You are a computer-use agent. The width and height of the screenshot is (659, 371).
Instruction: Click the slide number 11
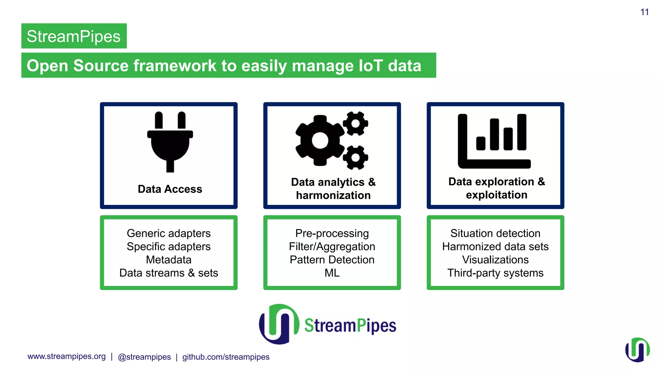[644, 12]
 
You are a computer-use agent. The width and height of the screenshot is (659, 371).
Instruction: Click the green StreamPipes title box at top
[74, 36]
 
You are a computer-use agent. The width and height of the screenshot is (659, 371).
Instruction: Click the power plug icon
[170, 142]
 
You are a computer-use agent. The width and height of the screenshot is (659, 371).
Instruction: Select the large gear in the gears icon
[320, 141]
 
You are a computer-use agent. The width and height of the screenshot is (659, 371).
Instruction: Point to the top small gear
[355, 123]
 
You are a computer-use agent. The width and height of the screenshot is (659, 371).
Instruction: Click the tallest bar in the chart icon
[522, 132]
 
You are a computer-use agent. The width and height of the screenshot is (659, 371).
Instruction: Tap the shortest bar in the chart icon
[480, 143]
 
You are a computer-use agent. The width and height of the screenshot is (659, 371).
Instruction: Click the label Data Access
[170, 189]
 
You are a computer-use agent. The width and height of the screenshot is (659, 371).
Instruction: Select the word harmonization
[333, 195]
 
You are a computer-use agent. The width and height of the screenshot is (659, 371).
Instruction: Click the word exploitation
[497, 195]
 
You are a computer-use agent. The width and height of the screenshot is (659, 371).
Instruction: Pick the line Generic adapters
[169, 233]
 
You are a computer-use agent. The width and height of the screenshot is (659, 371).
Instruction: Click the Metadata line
[169, 260]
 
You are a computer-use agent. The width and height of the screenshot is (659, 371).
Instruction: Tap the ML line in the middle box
[332, 273]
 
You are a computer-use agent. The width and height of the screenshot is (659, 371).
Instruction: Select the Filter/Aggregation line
[332, 246]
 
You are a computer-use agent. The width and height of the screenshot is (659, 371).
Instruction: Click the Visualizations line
[495, 260]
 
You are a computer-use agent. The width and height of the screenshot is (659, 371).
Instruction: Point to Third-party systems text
[495, 273]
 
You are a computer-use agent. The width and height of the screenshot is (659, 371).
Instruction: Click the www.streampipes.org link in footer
[67, 357]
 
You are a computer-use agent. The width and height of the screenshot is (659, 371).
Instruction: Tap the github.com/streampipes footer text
[226, 357]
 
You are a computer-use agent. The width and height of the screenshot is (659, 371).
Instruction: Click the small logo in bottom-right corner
[637, 350]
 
